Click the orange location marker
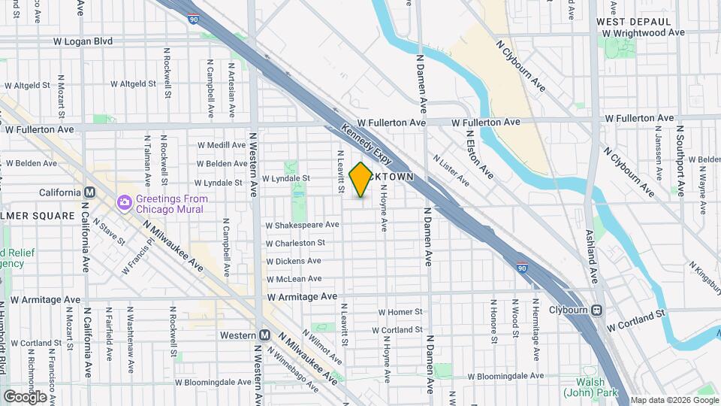tap(360, 180)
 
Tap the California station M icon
tap(89, 191)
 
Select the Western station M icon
tap(264, 335)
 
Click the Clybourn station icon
tap(596, 309)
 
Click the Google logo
tap(25, 396)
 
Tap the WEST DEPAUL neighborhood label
tap(628, 22)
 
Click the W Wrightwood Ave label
tap(644, 33)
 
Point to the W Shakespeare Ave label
tap(300, 225)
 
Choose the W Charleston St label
tap(295, 243)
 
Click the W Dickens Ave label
tap(294, 261)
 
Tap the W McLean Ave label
tap(294, 280)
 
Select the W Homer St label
tap(400, 311)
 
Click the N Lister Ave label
tap(451, 171)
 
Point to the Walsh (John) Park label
tap(590, 392)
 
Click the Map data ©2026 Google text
tap(674, 400)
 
